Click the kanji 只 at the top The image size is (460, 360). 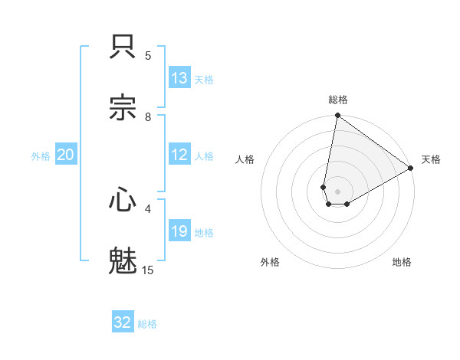coord(123,47)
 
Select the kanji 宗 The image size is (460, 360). coord(123,107)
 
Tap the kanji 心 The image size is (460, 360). coord(123,200)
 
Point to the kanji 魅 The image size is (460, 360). coord(123,260)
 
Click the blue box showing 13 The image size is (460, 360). coord(179,78)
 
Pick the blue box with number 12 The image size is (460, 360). coord(179,155)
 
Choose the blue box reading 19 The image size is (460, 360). coord(179,231)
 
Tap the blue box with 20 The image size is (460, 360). coord(65,155)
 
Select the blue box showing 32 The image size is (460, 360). coord(123,322)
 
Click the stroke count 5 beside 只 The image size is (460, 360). coord(148,55)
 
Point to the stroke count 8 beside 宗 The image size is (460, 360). coord(148,116)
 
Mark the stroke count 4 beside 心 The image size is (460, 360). coord(148,208)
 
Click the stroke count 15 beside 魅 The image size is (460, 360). coord(148,270)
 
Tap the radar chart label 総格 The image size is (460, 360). coord(338,100)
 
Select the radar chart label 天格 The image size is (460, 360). coord(431,159)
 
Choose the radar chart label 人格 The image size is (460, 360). coord(245,159)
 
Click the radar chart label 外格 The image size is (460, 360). coord(270,262)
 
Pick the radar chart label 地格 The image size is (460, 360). coord(402,262)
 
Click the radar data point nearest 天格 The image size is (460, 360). coord(411,169)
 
